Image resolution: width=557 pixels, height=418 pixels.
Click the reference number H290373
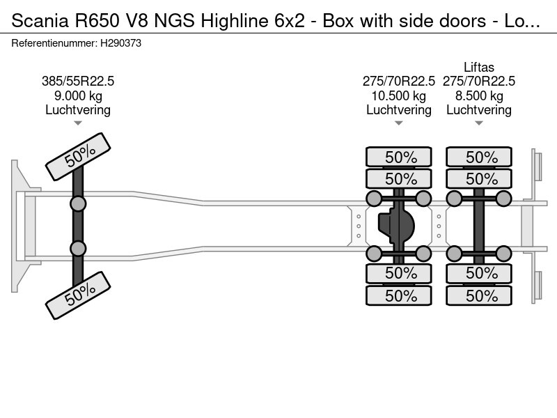123,43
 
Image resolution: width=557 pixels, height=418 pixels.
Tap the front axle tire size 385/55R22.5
78,81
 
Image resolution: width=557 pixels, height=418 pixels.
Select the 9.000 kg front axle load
78,95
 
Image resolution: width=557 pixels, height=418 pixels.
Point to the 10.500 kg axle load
399,95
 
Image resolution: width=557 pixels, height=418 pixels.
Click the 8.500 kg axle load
479,95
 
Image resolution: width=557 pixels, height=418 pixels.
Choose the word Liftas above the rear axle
479,68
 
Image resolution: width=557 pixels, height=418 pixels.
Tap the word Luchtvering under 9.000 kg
78,109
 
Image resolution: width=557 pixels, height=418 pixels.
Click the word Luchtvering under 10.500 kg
399,109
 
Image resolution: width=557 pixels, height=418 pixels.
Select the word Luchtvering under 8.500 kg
479,109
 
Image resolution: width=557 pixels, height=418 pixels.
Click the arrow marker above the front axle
78,123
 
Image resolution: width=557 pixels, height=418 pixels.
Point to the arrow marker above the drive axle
399,123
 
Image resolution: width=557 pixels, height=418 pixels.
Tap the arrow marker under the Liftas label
479,123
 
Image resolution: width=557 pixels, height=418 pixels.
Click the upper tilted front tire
78,157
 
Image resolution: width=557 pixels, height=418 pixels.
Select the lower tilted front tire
78,295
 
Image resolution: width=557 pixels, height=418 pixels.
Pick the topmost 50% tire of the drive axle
400,157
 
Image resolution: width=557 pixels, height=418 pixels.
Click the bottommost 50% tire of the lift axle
480,295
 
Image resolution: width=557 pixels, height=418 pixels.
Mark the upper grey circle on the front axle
78,203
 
